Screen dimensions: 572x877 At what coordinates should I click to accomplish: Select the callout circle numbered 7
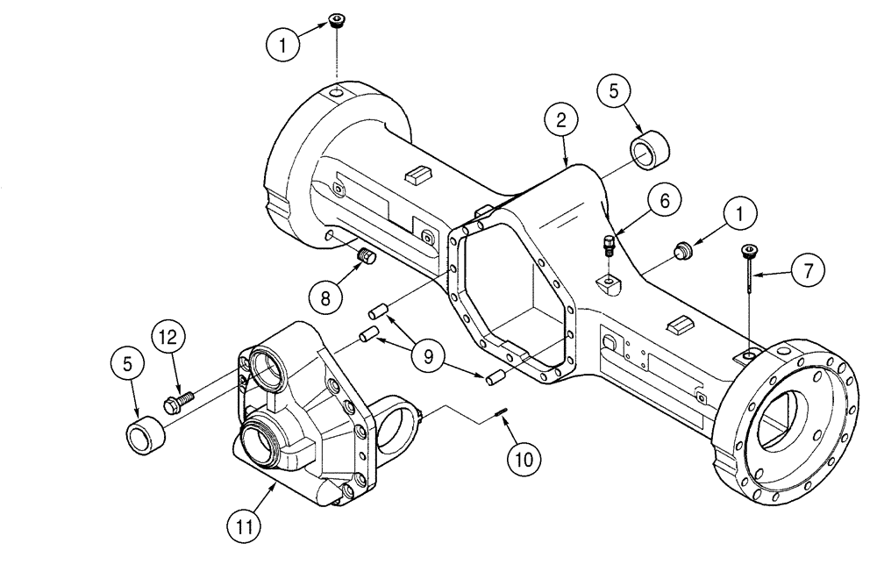(809, 269)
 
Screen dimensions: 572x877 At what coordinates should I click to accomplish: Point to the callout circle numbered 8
(325, 297)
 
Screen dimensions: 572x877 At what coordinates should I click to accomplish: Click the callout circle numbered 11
(246, 526)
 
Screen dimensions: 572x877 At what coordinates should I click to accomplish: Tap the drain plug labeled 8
(366, 257)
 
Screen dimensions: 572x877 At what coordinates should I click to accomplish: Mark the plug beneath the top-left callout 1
(337, 21)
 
